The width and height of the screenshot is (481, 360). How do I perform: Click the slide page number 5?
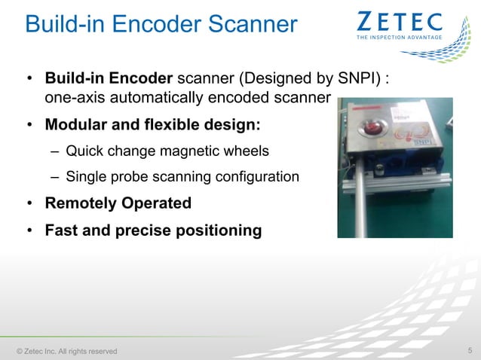(470, 350)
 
